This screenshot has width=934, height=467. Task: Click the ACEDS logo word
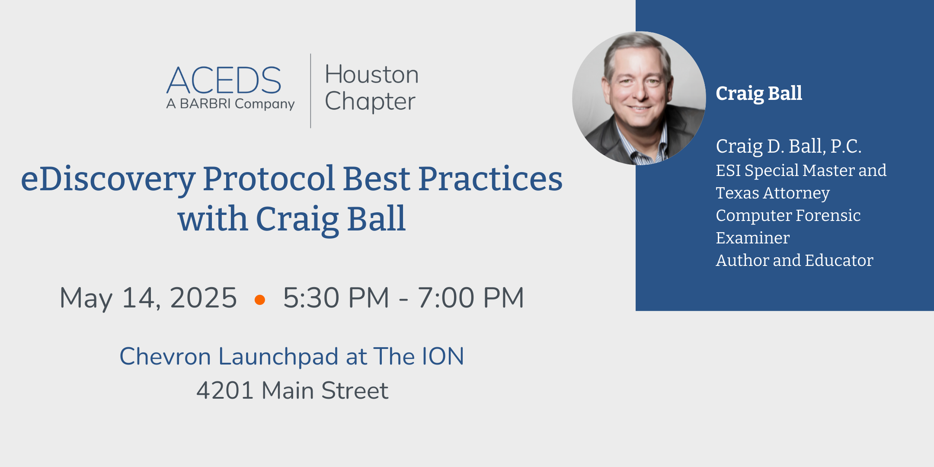coord(224,80)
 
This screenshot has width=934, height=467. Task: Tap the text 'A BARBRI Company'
coord(230,104)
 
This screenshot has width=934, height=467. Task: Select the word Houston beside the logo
coord(372,74)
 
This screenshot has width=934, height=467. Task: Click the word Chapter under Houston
coord(370,101)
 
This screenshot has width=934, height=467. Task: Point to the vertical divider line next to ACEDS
coord(310,91)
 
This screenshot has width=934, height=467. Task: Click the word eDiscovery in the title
coord(108,179)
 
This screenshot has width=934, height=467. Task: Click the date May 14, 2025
coord(148,298)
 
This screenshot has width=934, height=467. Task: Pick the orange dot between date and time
coord(260,300)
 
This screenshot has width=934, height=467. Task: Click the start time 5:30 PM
coord(336,298)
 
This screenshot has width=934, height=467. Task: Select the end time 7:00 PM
coord(471,298)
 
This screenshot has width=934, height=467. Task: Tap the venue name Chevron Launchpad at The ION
coord(292,357)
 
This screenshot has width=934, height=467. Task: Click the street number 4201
coord(224,390)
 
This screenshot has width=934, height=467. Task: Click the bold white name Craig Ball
coord(759,93)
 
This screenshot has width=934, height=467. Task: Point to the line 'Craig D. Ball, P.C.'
coord(789,147)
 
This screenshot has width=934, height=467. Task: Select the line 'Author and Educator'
coord(794,260)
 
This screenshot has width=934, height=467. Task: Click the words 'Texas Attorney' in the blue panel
coord(773,193)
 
